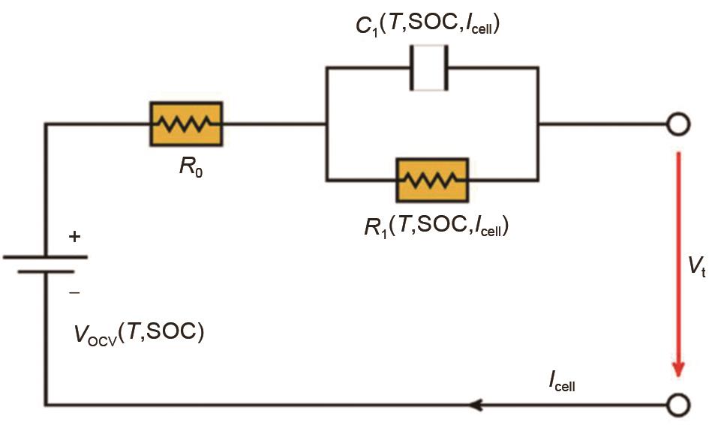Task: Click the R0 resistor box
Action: coord(188,124)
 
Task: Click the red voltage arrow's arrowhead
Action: coord(678,370)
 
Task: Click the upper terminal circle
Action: coord(677,124)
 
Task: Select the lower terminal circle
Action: coord(677,406)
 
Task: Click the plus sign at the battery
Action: coord(74,237)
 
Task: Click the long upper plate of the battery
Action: coord(46,256)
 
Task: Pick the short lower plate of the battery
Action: coord(46,271)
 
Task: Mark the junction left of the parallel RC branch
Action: coord(326,124)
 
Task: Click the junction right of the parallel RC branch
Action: coord(537,124)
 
